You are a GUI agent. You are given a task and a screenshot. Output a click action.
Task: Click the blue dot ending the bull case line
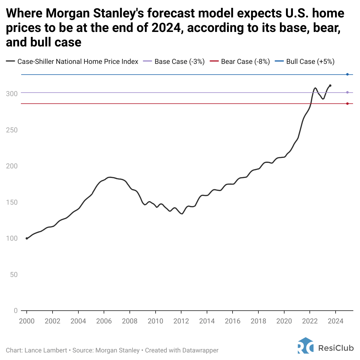(347, 75)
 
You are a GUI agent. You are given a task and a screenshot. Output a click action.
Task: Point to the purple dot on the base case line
(347, 93)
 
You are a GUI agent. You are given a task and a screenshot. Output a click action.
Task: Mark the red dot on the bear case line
(347, 104)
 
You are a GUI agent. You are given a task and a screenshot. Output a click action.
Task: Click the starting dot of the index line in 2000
(27, 238)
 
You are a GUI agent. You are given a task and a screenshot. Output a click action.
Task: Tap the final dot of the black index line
(330, 86)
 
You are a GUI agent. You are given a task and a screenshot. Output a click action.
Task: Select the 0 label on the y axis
(16, 311)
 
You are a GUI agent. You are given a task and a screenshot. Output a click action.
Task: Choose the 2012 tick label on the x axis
(181, 321)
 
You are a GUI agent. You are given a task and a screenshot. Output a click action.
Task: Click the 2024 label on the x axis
(336, 321)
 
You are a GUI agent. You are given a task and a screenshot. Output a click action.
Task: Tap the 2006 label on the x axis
(104, 321)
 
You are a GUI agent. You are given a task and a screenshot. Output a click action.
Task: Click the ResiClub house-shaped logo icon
(305, 345)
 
